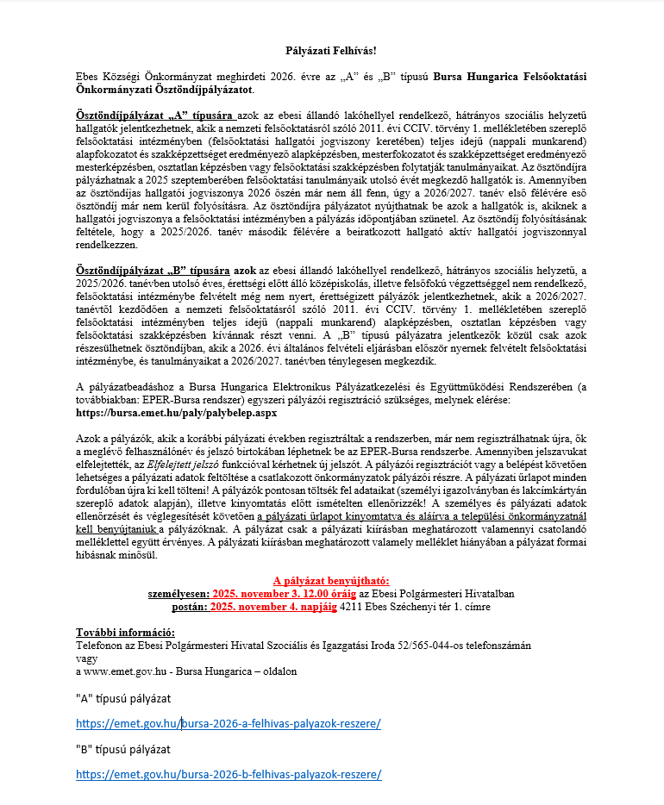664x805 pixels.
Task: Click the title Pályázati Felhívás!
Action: tap(331, 52)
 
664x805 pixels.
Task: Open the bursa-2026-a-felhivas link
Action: tap(229, 723)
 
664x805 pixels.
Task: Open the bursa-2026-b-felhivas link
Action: tap(229, 774)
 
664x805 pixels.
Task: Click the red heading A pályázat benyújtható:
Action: tap(331, 581)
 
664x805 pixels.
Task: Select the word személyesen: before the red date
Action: tap(181, 593)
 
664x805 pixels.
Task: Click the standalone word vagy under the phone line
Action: tap(87, 658)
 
